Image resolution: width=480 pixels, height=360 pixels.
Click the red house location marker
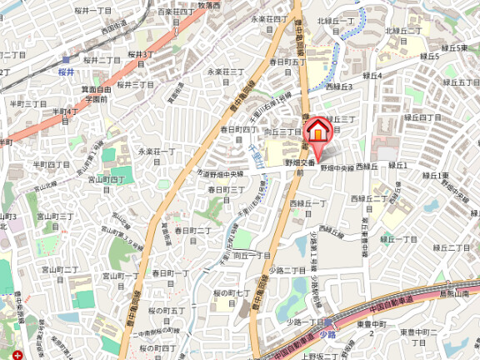pyautogui.click(x=318, y=132)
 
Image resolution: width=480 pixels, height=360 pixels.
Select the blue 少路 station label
pyautogui.click(x=327, y=333)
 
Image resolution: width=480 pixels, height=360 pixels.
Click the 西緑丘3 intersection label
pyautogui.click(x=338, y=87)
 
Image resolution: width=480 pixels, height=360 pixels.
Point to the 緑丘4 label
pyautogui.click(x=372, y=75)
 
